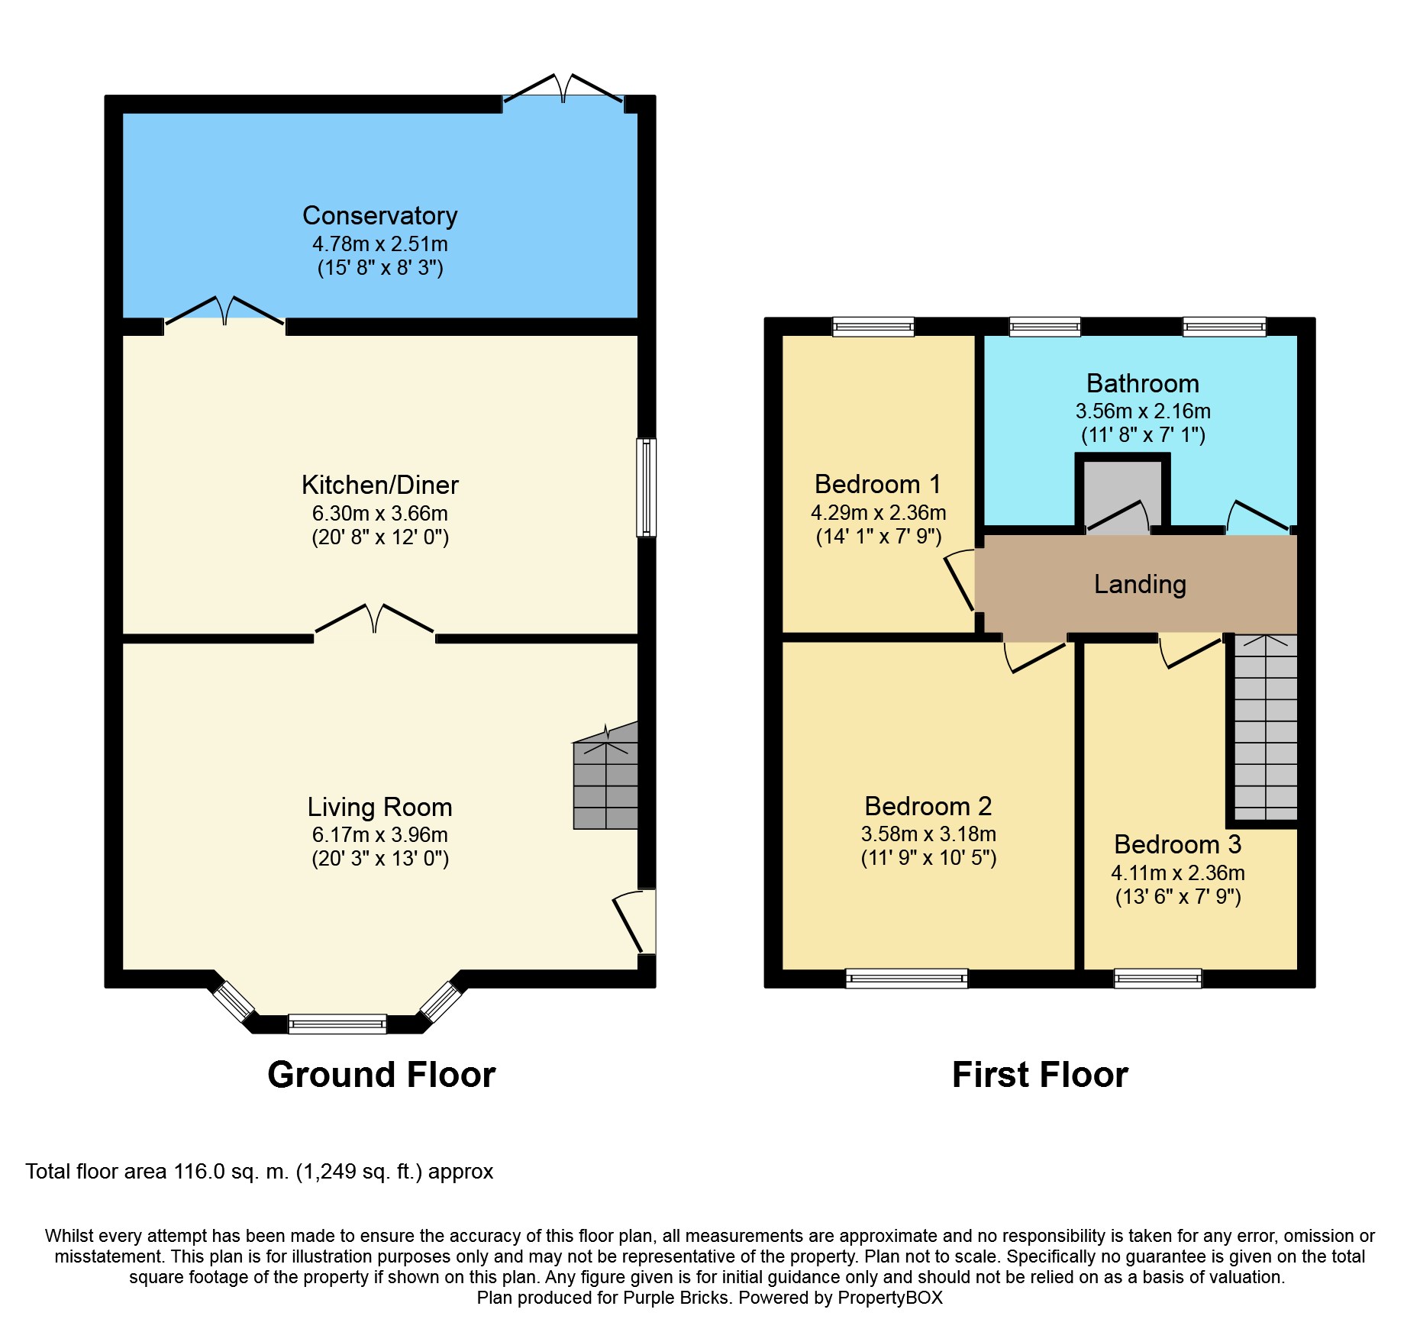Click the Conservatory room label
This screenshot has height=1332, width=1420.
coord(379,216)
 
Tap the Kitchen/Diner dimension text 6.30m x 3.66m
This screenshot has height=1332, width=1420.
coord(379,513)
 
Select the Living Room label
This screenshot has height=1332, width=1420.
coord(379,807)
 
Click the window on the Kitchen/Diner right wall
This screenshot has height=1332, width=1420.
coord(647,487)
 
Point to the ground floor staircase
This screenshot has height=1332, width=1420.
coord(605,776)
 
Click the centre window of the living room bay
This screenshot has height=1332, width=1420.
coord(337,1024)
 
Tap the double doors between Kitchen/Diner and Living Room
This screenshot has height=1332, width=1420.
coord(374,620)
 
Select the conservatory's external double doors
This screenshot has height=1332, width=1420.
coord(563,89)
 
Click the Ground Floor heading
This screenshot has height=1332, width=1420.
coord(381,1075)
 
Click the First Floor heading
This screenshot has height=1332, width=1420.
coord(1040,1075)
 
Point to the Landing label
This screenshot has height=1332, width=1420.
coord(1140,584)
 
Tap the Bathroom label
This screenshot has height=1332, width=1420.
coord(1143,383)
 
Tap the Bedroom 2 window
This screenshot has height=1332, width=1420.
coord(907,979)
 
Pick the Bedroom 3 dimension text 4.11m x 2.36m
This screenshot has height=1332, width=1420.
coord(1178,872)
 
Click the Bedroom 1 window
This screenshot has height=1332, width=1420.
coord(873,327)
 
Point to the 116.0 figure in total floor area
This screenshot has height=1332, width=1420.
coord(199,1172)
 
